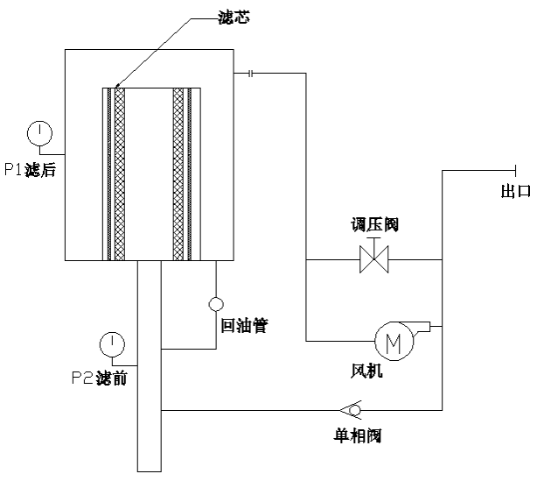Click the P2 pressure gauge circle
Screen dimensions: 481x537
pyautogui.click(x=111, y=342)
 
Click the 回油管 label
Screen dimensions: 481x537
pyautogui.click(x=244, y=326)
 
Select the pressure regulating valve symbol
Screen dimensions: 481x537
pyautogui.click(x=373, y=259)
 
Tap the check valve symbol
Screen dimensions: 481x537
pyautogui.click(x=352, y=409)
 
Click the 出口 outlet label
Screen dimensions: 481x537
pyautogui.click(x=514, y=192)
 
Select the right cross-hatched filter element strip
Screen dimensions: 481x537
pyautogui.click(x=179, y=173)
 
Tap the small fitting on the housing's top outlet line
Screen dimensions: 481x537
pyautogui.click(x=251, y=74)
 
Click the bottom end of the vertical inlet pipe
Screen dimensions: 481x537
pyautogui.click(x=150, y=469)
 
